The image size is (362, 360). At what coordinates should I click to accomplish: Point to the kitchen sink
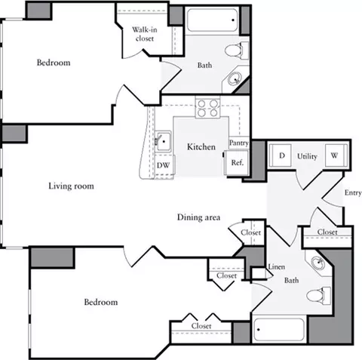[x=161, y=140]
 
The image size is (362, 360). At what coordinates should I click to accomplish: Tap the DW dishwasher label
[x=164, y=165]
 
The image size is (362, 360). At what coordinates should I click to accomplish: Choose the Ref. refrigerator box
[x=237, y=162]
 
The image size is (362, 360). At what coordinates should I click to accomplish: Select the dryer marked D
[x=283, y=155]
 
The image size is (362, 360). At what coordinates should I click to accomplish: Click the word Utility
[x=307, y=156]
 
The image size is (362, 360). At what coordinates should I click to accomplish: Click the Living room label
[x=72, y=186]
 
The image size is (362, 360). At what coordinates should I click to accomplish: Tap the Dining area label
[x=199, y=217]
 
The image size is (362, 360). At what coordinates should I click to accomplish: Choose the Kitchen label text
[x=202, y=146]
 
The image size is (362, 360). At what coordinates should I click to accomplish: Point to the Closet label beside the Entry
[x=327, y=232]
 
